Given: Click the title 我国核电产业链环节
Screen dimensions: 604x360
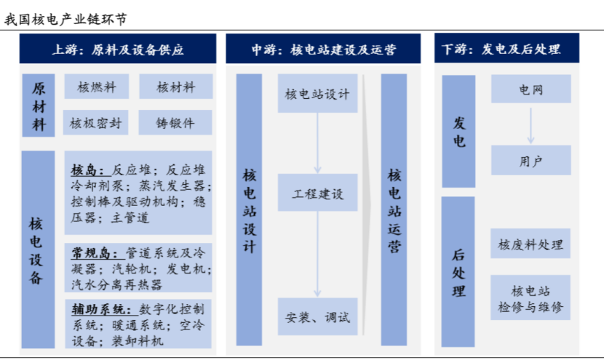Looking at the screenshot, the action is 65,19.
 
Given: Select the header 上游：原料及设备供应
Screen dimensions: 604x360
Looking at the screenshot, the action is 118,49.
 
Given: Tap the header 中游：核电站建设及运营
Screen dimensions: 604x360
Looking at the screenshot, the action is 323,49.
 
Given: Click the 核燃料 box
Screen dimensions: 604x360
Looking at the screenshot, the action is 97,87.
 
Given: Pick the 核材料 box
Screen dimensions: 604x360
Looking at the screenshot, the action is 175,87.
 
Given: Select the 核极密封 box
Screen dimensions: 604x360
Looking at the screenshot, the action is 95,122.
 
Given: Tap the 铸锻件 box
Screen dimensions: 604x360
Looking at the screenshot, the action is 175,122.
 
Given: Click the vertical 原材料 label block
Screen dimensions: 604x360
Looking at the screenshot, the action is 39,105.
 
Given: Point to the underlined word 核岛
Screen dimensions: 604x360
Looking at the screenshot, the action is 87,170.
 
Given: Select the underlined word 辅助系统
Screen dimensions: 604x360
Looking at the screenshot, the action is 102,309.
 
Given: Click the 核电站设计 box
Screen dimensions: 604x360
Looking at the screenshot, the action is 318,94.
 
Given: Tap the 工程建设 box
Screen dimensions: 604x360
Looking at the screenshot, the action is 318,193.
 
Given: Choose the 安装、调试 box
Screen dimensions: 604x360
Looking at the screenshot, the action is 318,316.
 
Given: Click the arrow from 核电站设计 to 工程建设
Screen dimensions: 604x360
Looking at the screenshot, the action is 317,143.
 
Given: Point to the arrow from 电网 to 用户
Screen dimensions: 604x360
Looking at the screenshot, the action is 531,126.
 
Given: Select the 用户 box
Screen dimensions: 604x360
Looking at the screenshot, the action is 531,160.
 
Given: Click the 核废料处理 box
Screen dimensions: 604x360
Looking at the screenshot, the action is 531,244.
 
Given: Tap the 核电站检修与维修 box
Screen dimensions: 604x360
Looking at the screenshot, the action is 531,297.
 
